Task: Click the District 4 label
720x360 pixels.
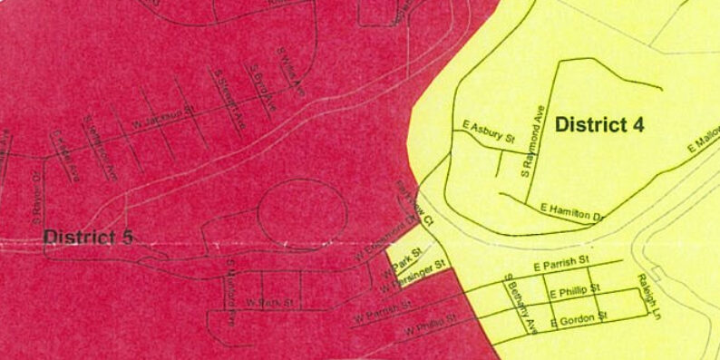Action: (x=599, y=125)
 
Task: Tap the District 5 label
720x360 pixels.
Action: (x=88, y=237)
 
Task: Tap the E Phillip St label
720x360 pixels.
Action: (x=575, y=291)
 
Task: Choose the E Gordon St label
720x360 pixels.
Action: (x=577, y=318)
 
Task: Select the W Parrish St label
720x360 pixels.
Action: (x=383, y=310)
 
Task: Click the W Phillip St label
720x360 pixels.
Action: (x=431, y=325)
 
